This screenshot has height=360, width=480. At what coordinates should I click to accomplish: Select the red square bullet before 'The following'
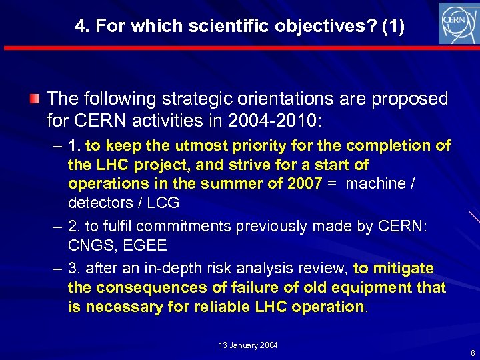[x=35, y=100]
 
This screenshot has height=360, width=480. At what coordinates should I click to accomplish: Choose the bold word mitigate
[x=404, y=269]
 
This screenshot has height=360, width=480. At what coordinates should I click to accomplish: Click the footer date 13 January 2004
[x=248, y=345]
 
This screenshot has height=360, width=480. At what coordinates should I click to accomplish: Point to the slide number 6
[x=472, y=353]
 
